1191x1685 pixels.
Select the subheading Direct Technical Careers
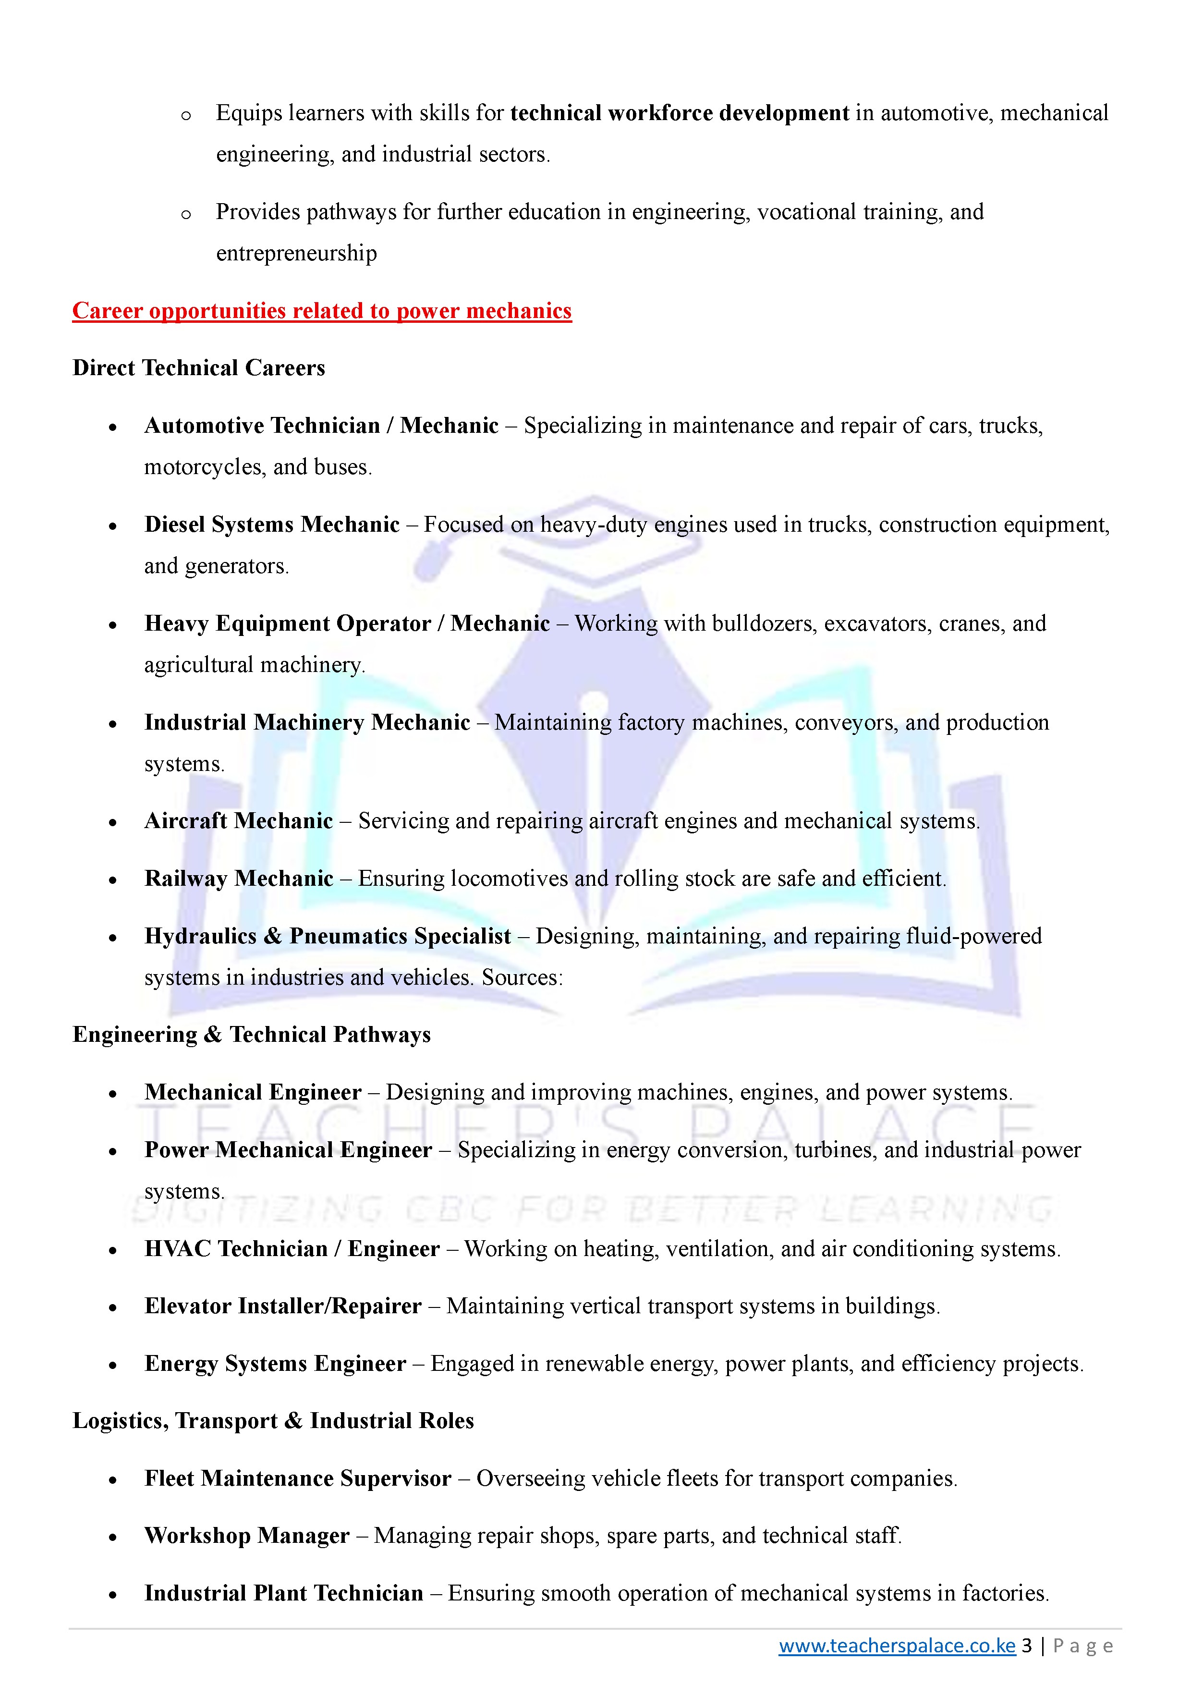coord(198,367)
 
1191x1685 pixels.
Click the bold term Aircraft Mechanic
coord(239,820)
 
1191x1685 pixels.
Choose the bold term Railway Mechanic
coord(239,879)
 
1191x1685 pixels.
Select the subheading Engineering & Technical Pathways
coord(251,1035)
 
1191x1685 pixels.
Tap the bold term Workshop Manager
coord(246,1536)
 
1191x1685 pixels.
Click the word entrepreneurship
coord(296,253)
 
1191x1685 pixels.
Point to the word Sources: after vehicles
coord(522,977)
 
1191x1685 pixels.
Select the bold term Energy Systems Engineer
coord(275,1364)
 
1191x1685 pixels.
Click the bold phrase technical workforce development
coord(680,113)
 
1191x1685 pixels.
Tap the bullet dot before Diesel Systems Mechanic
coord(112,525)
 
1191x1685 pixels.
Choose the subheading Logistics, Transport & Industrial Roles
coord(273,1421)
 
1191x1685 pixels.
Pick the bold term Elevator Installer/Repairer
coord(282,1306)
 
